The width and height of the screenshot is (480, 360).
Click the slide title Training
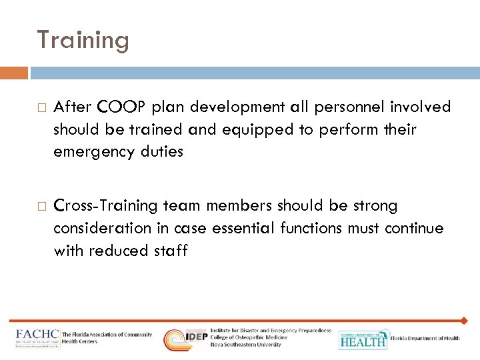[x=83, y=41]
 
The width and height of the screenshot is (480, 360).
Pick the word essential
[x=244, y=228]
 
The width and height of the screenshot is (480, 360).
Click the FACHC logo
[x=38, y=337]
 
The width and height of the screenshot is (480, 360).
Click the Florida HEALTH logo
[x=363, y=339]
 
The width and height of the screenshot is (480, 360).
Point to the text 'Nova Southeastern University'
[x=245, y=345]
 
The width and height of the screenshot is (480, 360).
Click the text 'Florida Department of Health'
[x=425, y=339]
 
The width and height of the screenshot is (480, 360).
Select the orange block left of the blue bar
[x=14, y=73]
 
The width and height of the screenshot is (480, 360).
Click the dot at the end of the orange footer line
[x=464, y=321]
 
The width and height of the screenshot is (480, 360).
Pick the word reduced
[x=118, y=251]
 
